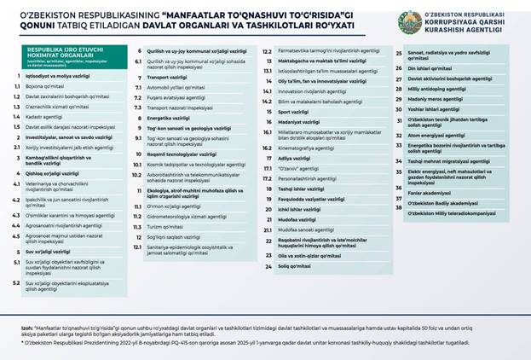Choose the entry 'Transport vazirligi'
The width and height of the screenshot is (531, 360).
[170, 77]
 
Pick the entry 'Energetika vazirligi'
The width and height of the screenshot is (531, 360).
[171, 116]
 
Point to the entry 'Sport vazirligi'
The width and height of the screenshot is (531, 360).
[291, 112]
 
